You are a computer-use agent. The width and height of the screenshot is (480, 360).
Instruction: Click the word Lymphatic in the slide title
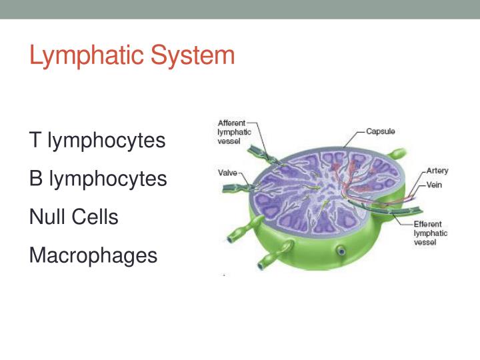coord(87,55)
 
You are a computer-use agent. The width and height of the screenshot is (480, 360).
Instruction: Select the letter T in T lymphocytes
coord(35,141)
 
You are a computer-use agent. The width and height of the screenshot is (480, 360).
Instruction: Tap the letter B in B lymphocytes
coord(35,179)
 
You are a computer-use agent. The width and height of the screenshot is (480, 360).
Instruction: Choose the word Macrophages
coord(93,255)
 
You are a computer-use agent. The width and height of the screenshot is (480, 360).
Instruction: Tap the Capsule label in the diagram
coord(381,131)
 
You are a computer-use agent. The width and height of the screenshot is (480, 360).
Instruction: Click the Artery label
coord(437,171)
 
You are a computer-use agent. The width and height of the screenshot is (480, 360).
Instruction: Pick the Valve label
coord(228,173)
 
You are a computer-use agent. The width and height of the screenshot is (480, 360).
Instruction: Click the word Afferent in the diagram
coord(232,123)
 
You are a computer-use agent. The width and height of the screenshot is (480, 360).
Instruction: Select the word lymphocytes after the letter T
coord(106,141)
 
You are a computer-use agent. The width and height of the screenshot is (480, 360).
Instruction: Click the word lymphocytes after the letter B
coord(107,179)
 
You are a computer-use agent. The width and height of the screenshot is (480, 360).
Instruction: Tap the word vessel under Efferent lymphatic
coord(425,243)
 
